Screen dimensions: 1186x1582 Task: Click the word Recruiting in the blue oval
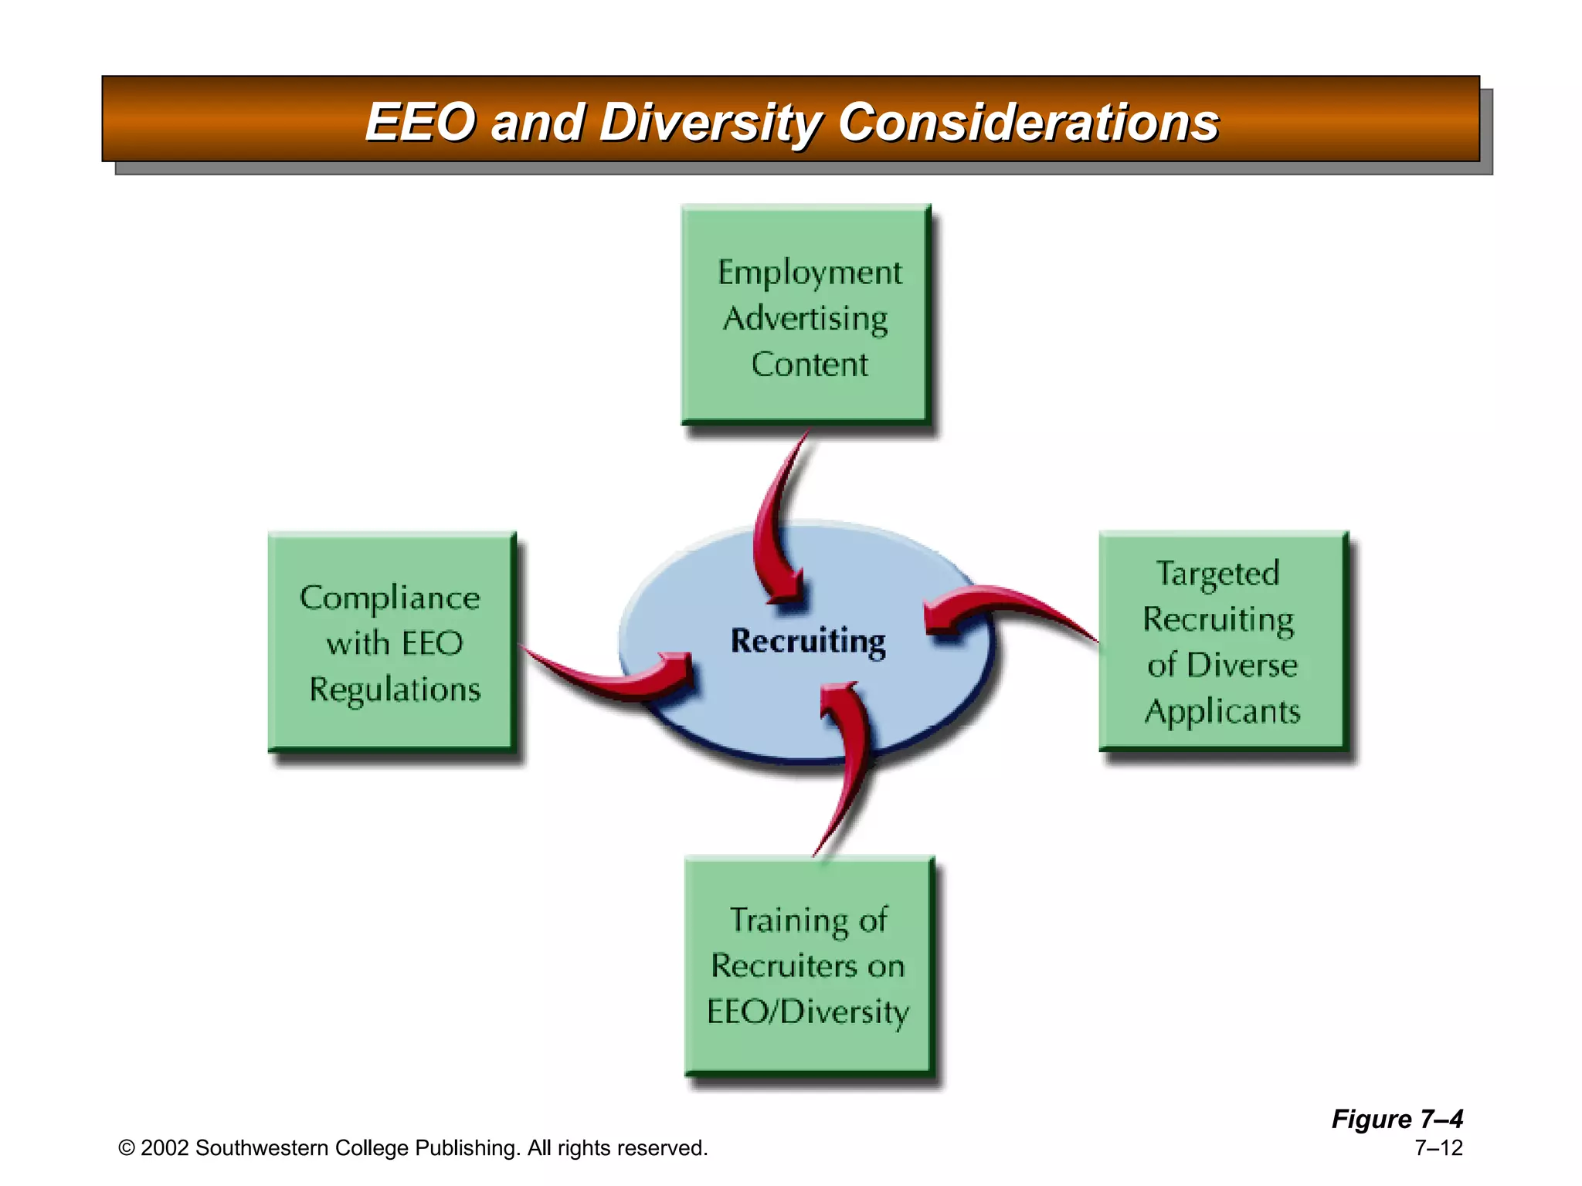click(808, 641)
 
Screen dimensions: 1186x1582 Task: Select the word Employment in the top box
click(809, 273)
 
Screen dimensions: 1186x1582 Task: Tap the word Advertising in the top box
click(805, 319)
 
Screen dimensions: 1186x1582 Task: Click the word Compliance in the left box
click(389, 598)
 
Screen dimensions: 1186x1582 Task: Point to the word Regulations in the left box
click(395, 690)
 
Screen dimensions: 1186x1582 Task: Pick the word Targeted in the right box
click(1217, 574)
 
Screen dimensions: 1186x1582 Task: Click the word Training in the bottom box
click(780, 920)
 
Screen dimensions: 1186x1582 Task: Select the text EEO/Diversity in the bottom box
click(808, 1012)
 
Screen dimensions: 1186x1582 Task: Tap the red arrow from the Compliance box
click(610, 679)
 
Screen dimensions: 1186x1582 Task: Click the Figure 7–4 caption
click(1397, 1119)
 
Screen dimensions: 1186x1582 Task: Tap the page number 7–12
click(1438, 1148)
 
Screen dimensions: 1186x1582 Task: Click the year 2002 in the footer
click(165, 1148)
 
